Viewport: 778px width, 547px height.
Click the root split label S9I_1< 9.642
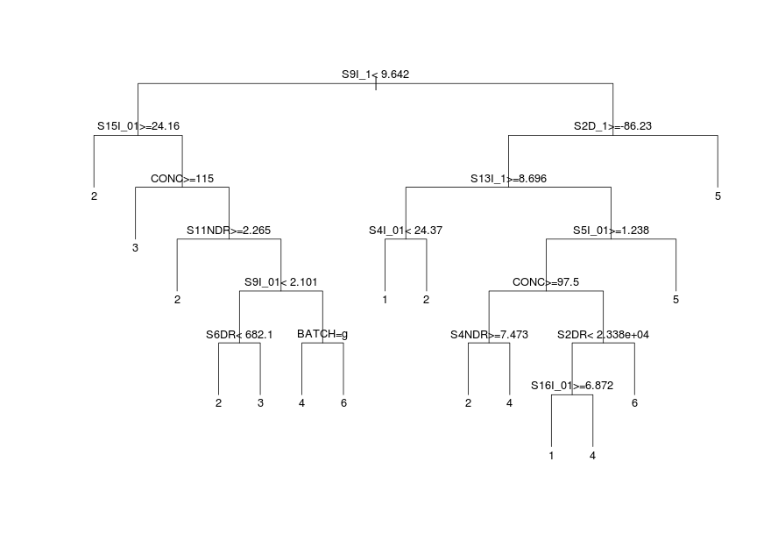375,75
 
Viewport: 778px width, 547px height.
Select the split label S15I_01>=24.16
138,126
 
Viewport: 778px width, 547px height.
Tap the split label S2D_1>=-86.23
612,126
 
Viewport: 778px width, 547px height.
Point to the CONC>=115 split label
182,179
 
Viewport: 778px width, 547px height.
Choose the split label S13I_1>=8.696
509,179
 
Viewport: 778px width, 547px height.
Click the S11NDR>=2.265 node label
229,231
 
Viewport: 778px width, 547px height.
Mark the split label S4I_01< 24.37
406,231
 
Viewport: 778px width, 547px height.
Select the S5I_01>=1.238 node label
611,231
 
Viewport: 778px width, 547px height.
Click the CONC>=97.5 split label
546,282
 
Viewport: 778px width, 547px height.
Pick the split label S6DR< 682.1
239,334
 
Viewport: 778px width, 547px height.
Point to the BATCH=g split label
322,334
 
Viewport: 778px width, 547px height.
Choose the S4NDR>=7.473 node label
489,334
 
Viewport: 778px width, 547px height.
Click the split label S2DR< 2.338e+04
603,334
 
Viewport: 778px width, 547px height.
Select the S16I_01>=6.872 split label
572,386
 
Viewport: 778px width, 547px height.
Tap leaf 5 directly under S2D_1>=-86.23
718,196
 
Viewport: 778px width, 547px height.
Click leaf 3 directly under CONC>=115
135,248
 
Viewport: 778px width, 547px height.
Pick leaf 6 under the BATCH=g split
343,403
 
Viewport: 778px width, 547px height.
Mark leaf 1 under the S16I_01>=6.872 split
551,456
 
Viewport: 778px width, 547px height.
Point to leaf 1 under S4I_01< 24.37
385,300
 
